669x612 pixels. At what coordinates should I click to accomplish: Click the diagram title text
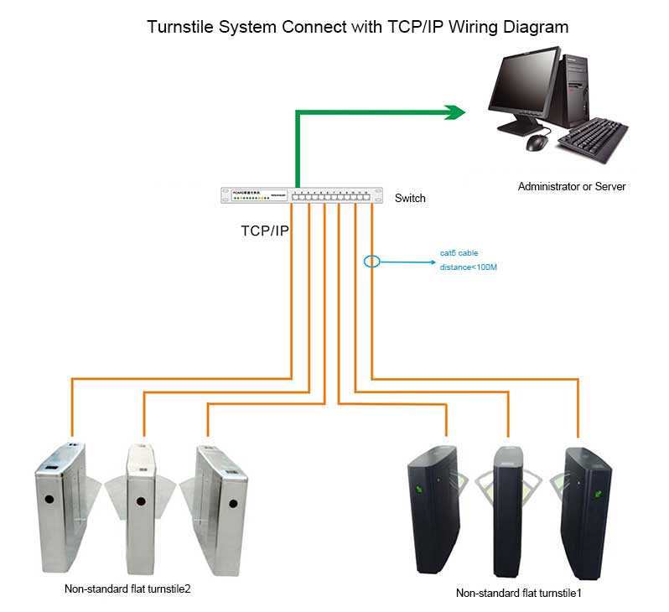click(358, 27)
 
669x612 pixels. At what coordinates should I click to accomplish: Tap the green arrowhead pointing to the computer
click(454, 112)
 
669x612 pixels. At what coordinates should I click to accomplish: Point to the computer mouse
click(536, 143)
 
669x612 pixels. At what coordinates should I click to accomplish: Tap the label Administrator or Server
click(572, 186)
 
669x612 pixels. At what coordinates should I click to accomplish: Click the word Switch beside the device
click(410, 199)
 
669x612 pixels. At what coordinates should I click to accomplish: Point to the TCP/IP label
click(265, 231)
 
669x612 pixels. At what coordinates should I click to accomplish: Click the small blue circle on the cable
click(372, 262)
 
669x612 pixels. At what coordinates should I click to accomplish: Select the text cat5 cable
click(459, 252)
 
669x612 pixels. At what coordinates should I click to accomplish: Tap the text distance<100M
click(469, 267)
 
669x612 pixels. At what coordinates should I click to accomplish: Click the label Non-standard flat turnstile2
click(127, 589)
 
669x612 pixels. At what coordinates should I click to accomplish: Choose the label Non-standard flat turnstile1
click(518, 593)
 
